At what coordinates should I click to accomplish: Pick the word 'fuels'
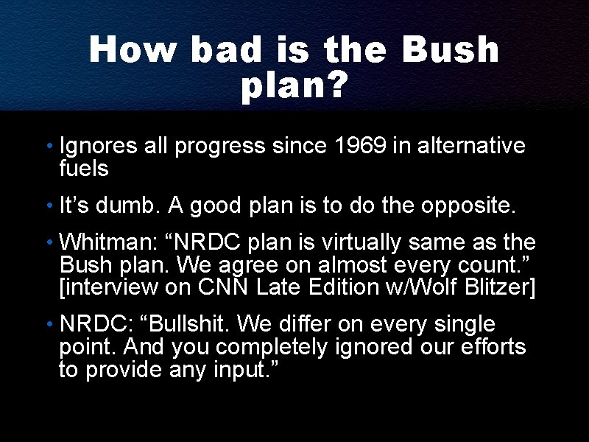(x=83, y=168)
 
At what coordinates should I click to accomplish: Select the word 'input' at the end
(x=244, y=368)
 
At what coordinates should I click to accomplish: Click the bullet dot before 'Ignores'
(x=49, y=147)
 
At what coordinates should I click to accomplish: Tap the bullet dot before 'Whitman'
(x=49, y=243)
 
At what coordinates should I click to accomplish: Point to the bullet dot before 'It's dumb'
(x=49, y=208)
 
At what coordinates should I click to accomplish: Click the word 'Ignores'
(x=99, y=146)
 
